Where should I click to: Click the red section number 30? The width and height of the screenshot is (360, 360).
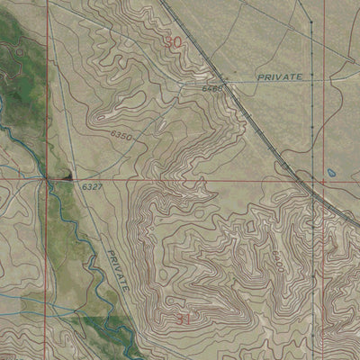pyautogui.click(x=173, y=41)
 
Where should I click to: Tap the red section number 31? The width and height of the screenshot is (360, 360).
pyautogui.click(x=183, y=319)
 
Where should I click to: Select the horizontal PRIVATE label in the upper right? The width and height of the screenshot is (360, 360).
pyautogui.click(x=279, y=78)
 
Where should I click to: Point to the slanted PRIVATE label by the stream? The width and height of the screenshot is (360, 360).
pyautogui.click(x=118, y=268)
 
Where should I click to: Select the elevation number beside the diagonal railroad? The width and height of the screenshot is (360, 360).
pyautogui.click(x=212, y=88)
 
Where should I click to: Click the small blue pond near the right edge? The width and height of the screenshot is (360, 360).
pyautogui.click(x=333, y=170)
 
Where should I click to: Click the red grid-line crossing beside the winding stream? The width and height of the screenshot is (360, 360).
pyautogui.click(x=49, y=180)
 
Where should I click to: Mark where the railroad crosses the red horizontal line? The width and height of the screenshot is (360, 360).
pyautogui.click(x=316, y=180)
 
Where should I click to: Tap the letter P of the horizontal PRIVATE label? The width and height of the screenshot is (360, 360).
pyautogui.click(x=259, y=78)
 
